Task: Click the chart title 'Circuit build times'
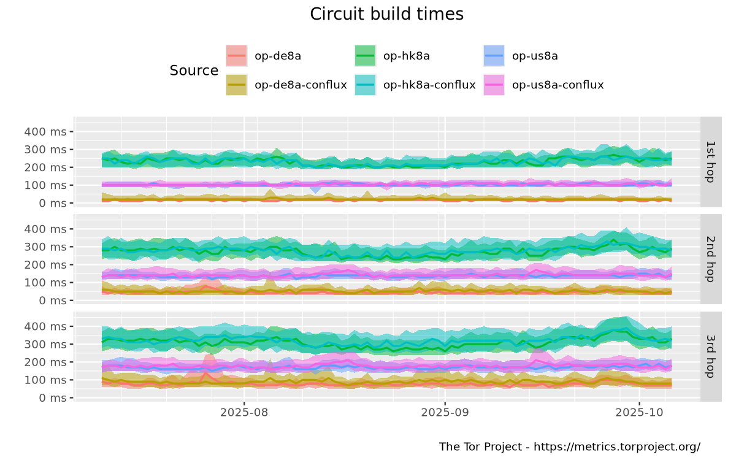click(386, 14)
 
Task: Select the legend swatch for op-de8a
click(237, 56)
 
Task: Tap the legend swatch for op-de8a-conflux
click(237, 85)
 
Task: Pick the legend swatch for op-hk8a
click(366, 56)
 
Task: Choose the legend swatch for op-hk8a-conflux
click(366, 85)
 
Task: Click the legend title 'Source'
click(194, 71)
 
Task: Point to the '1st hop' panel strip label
click(711, 161)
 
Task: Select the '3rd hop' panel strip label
click(711, 356)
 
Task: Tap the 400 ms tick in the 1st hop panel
click(45, 131)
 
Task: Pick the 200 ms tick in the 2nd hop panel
click(45, 264)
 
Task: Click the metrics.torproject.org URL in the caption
click(617, 447)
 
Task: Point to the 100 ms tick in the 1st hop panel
click(45, 185)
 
